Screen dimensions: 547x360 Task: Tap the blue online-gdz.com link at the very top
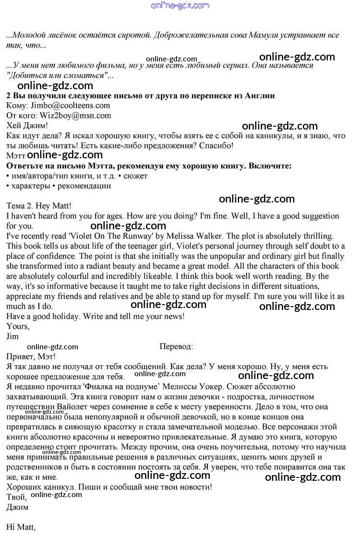pyautogui.click(x=180, y=6)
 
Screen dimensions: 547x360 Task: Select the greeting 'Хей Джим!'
pyautogui.click(x=27, y=126)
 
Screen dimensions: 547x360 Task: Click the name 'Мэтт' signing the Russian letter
pyautogui.click(x=16, y=155)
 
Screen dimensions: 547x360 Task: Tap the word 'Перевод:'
pyautogui.click(x=176, y=346)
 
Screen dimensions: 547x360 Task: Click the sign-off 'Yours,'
pyautogui.click(x=18, y=326)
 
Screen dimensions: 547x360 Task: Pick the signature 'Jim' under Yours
pyautogui.click(x=12, y=336)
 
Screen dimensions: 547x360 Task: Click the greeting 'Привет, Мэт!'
pyautogui.click(x=31, y=357)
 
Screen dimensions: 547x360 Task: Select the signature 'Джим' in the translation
pyautogui.click(x=17, y=507)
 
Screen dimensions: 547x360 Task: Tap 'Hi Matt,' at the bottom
pyautogui.click(x=21, y=527)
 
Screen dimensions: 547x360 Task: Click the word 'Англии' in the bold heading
pyautogui.click(x=260, y=95)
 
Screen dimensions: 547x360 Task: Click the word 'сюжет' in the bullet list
pyautogui.click(x=136, y=176)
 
